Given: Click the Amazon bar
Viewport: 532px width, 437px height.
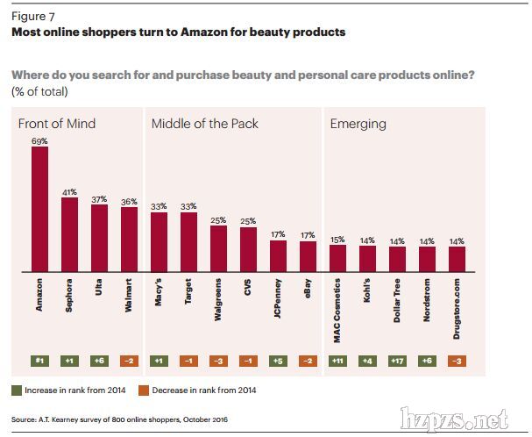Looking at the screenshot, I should point(39,207).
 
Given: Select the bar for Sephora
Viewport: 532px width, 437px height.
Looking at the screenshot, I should point(69,233).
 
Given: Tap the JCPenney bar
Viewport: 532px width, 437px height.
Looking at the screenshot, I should point(278,254).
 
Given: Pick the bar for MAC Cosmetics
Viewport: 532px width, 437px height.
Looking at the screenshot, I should point(337,257).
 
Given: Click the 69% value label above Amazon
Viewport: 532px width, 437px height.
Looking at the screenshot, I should point(39,140).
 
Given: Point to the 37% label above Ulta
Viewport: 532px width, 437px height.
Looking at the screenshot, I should point(99,197).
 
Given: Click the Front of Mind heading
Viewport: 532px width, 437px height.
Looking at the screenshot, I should point(57,124).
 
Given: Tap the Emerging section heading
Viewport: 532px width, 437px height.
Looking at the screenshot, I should point(358,124).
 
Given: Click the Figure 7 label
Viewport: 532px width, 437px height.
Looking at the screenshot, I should point(33,16).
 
